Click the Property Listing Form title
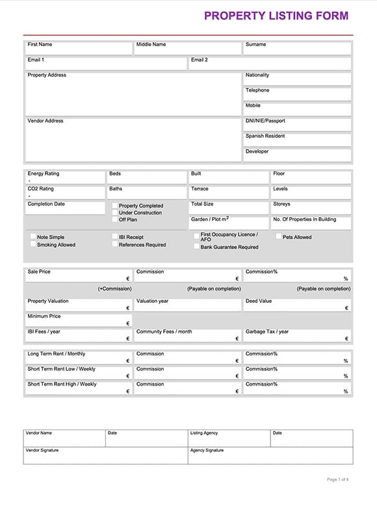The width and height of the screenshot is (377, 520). pyautogui.click(x=276, y=16)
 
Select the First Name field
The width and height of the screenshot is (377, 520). pyautogui.click(x=79, y=49)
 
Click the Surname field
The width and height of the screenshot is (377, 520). pyautogui.click(x=297, y=49)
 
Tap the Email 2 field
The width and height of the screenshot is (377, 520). pyautogui.click(x=270, y=64)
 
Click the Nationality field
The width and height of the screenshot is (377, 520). pyautogui.click(x=297, y=79)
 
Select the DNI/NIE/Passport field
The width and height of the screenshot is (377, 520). pyautogui.click(x=297, y=124)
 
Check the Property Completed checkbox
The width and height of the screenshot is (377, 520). pyautogui.click(x=115, y=206)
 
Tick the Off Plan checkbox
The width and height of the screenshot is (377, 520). pyautogui.click(x=115, y=220)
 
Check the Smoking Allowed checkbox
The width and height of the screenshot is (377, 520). pyautogui.click(x=33, y=245)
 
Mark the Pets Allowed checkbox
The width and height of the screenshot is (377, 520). pyautogui.click(x=278, y=237)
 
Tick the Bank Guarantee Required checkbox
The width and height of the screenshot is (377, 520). pyautogui.click(x=196, y=247)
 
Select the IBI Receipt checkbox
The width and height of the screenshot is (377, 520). pyautogui.click(x=115, y=237)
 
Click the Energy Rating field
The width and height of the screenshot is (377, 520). pyautogui.click(x=65, y=177)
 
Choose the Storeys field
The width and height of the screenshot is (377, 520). pyautogui.click(x=311, y=208)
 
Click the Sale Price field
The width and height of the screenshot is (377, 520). pyautogui.click(x=79, y=276)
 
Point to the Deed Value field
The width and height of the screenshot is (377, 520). pyautogui.click(x=297, y=305)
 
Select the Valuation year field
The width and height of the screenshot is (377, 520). pyautogui.click(x=188, y=305)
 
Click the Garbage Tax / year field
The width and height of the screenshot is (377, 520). pyautogui.click(x=297, y=335)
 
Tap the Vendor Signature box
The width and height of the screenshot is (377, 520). pyautogui.click(x=105, y=456)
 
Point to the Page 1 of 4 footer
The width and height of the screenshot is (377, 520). pyautogui.click(x=338, y=480)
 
